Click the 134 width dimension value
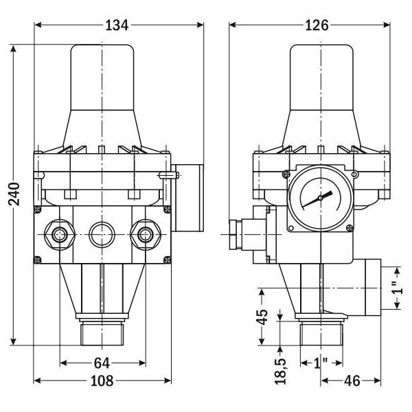click(117, 25)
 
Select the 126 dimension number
click(317, 25)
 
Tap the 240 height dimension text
click(14, 194)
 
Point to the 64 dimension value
click(102, 363)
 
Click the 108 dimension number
click(102, 380)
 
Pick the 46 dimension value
click(352, 380)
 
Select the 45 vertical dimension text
click(262, 317)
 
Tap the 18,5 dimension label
click(280, 371)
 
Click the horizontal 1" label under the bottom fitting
click(321, 363)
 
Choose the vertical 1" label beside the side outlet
click(398, 288)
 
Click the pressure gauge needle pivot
click(320, 198)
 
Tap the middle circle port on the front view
click(102, 235)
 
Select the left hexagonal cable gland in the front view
click(60, 235)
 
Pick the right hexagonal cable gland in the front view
click(146, 235)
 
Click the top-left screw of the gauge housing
click(286, 174)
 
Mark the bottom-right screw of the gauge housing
click(350, 228)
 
